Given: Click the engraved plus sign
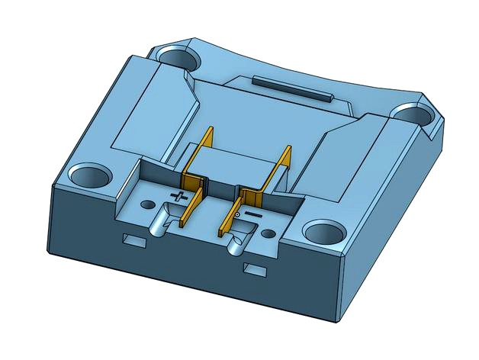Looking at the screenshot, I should coord(178,197).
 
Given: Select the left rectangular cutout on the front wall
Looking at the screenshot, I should coord(135,240).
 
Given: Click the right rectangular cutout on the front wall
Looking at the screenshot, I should coord(255,268).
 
